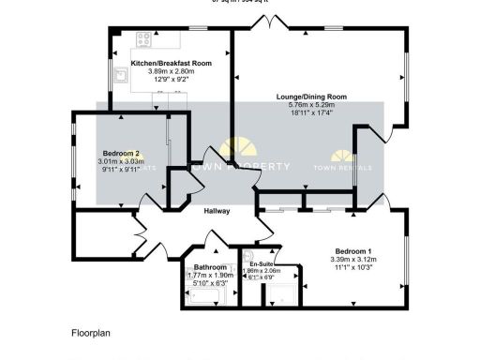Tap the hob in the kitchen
pos(145,39)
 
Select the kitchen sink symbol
pos(121,76)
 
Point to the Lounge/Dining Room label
pos(311,97)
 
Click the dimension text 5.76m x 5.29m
pos(311,105)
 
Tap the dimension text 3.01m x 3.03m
pos(122,161)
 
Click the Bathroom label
pos(211,267)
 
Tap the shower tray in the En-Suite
pos(280,294)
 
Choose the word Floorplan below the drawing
pos(92,333)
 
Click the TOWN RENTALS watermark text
pos(342,168)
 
